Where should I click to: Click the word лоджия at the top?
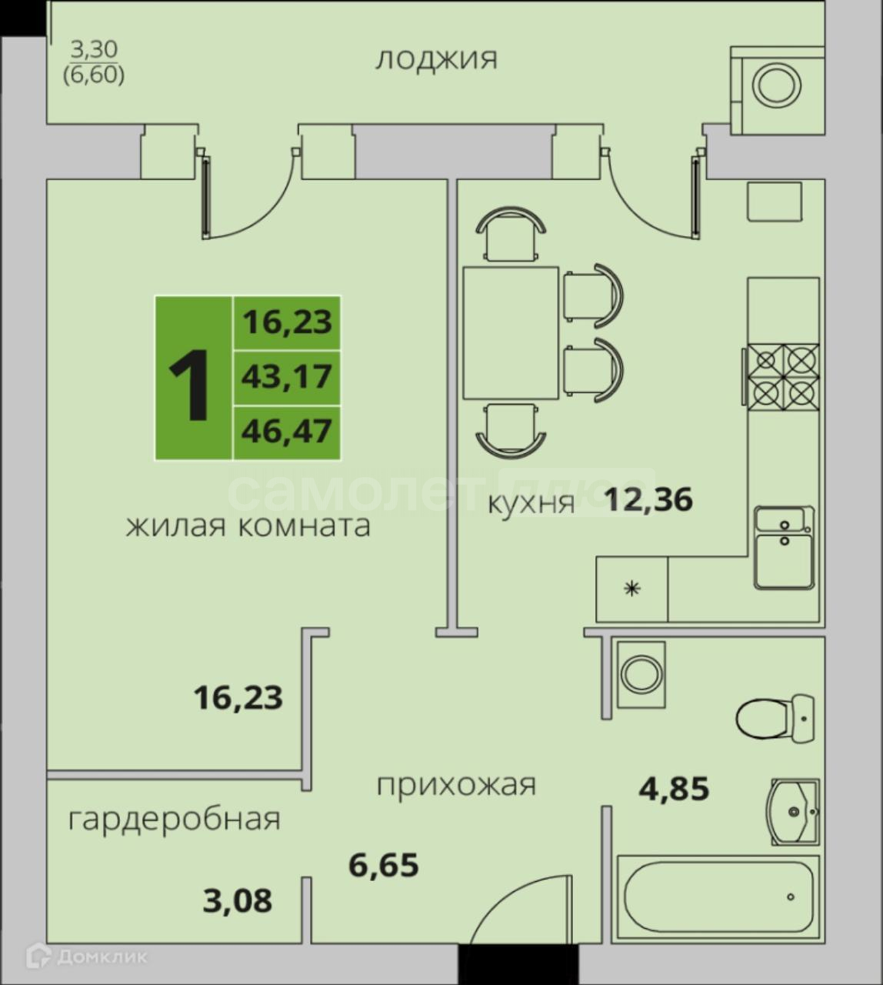(436, 60)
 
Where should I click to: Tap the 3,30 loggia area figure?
(95, 49)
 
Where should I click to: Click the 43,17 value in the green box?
(287, 377)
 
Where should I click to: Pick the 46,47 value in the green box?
(287, 432)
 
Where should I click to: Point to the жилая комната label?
(248, 526)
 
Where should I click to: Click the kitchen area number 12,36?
(648, 499)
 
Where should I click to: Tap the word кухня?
(531, 504)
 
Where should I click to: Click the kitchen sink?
(784, 547)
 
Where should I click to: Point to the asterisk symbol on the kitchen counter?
(631, 589)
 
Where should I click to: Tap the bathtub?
(718, 897)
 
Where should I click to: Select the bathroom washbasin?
(795, 812)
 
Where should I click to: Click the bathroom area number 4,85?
(674, 789)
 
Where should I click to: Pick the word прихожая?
(456, 786)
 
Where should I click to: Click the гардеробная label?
(174, 820)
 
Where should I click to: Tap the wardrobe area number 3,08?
(237, 900)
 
